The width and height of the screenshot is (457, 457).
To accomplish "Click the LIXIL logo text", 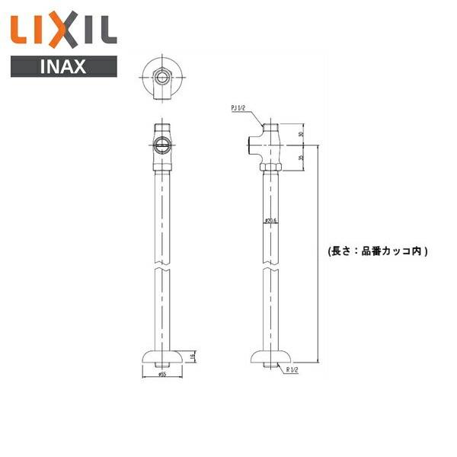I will tap(62, 30).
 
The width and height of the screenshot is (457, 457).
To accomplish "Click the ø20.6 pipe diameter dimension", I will tap(269, 222).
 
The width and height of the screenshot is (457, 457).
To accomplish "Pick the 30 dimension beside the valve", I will tap(301, 135).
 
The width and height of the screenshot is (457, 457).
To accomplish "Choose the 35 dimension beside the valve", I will tap(301, 158).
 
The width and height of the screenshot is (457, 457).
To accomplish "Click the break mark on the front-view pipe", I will tap(161, 270).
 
